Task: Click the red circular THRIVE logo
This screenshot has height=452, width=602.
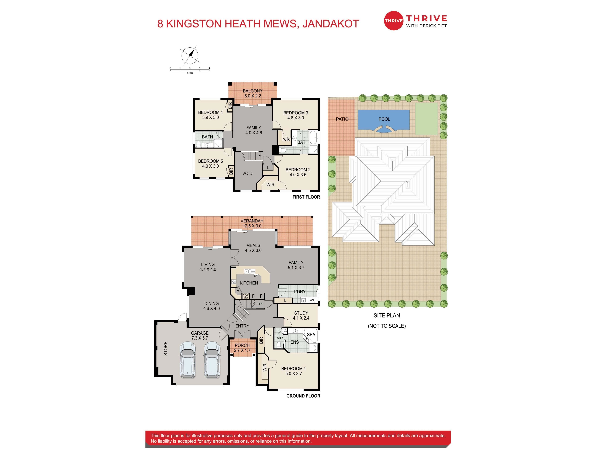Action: (x=393, y=20)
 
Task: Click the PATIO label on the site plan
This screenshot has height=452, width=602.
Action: (x=342, y=119)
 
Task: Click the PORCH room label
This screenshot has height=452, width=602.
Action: (x=242, y=345)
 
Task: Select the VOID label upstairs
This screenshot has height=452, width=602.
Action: (x=247, y=173)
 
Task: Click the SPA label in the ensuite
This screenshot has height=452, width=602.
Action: (x=311, y=335)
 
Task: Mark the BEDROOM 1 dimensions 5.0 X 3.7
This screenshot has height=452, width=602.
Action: (x=294, y=374)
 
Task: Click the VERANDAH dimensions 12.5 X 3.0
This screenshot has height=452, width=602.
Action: (x=252, y=226)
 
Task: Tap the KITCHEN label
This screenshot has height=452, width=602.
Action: (x=249, y=283)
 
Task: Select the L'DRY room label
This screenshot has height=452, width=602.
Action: (x=300, y=292)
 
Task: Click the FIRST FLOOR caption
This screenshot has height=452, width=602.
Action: (x=306, y=197)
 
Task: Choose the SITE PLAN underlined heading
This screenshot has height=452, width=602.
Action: (x=387, y=315)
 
